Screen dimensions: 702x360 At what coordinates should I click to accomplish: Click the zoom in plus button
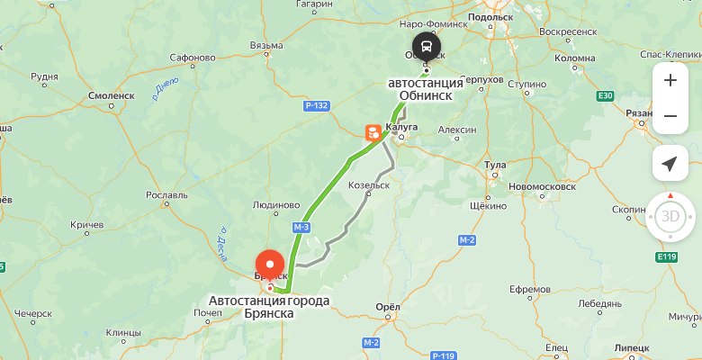tap(670, 80)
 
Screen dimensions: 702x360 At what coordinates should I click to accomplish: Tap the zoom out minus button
tap(670, 116)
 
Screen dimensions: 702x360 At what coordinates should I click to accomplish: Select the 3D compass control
tap(670, 217)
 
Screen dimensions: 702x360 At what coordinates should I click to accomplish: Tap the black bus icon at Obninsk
tap(427, 47)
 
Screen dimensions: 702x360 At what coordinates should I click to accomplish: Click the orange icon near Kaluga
tap(372, 133)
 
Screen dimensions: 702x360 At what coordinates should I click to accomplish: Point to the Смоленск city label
tap(111, 94)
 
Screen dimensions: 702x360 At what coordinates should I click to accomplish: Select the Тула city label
tap(496, 166)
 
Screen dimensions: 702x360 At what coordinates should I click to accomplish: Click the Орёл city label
tap(387, 307)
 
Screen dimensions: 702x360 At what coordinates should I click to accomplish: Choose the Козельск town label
tap(368, 184)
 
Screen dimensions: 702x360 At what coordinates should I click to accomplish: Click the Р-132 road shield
tap(317, 106)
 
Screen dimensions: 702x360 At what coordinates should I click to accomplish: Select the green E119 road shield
tap(667, 258)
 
